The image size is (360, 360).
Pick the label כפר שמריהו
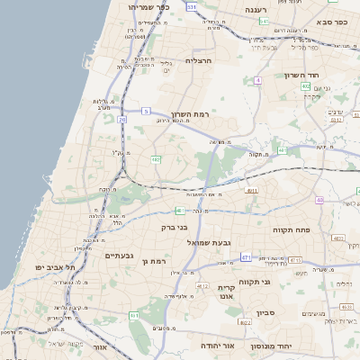pos(148,7)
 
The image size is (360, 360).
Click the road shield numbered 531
pos(191,6)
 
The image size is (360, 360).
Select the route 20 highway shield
pos(121,119)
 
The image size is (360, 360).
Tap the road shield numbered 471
pos(246,257)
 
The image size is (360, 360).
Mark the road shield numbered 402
pos(306,86)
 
